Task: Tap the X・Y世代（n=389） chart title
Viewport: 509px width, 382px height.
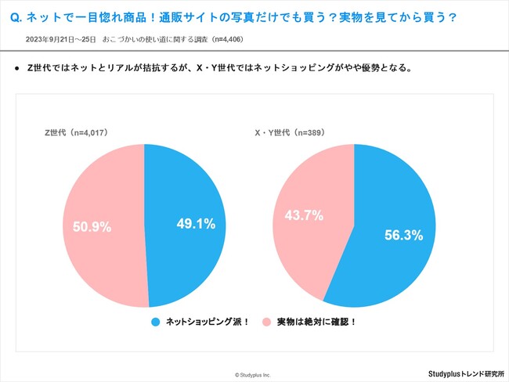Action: click(x=292, y=133)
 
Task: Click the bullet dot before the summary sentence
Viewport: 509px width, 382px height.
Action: click(x=17, y=68)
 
